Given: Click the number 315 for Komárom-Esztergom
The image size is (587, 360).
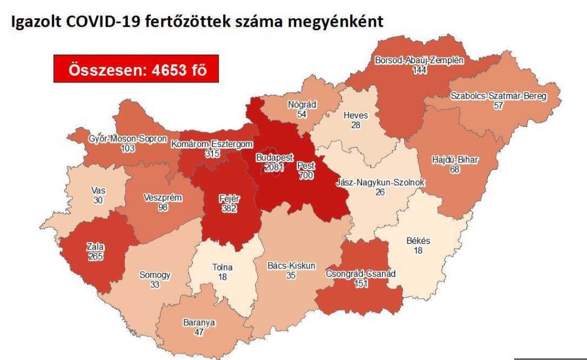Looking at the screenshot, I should pyautogui.click(x=212, y=154).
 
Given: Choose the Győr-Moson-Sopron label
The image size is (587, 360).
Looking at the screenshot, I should pyautogui.click(x=128, y=138).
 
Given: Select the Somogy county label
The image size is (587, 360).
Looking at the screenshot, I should pyautogui.click(x=155, y=275).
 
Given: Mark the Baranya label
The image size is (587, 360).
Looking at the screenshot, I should pyautogui.click(x=199, y=322).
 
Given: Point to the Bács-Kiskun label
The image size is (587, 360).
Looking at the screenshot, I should pyautogui.click(x=291, y=265).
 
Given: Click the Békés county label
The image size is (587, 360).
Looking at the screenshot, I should pyautogui.click(x=418, y=241).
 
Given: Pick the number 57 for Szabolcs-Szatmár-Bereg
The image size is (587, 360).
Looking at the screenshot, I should pyautogui.click(x=498, y=106).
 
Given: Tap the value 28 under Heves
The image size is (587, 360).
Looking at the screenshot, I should pyautogui.click(x=356, y=125).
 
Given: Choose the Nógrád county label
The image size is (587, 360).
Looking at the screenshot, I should pyautogui.click(x=303, y=105).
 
